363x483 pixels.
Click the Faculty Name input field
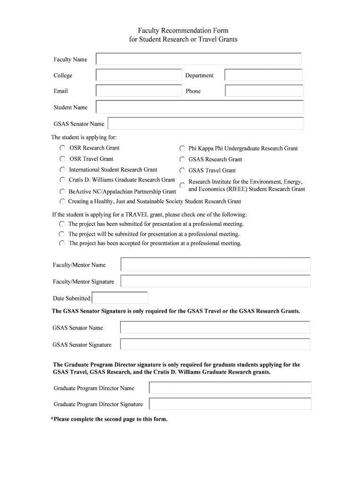pyautogui.click(x=198, y=59)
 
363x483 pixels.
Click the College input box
pyautogui.click(x=139, y=75)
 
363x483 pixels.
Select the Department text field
pyautogui.click(x=263, y=75)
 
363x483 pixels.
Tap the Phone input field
pyautogui.click(x=264, y=91)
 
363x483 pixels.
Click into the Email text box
pyautogui.click(x=139, y=91)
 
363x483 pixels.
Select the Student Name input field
pyautogui.click(x=199, y=107)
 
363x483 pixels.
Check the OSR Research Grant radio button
pyautogui.click(x=63, y=148)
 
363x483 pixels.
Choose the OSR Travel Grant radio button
pyautogui.click(x=63, y=159)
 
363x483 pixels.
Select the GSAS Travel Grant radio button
pyautogui.click(x=182, y=171)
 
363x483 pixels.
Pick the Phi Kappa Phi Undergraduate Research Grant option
pyautogui.click(x=182, y=149)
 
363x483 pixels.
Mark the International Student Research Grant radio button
pyautogui.click(x=63, y=170)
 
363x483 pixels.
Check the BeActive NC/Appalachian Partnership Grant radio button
pyautogui.click(x=63, y=192)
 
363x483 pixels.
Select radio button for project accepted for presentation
pyautogui.click(x=62, y=244)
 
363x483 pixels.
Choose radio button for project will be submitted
pyautogui.click(x=62, y=234)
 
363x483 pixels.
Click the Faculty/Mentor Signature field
pyautogui.click(x=215, y=282)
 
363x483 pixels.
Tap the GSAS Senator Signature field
pyautogui.click(x=215, y=344)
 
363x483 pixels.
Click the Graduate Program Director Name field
pyautogui.click(x=230, y=388)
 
